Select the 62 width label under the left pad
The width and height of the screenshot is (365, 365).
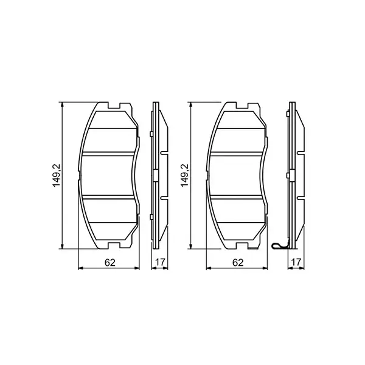click(109, 263)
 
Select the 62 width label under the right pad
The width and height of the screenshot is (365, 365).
click(238, 263)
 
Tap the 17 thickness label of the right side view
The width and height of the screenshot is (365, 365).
click(295, 263)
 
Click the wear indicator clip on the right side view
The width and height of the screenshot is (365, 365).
click(279, 246)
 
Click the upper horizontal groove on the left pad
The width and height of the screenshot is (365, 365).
click(109, 153)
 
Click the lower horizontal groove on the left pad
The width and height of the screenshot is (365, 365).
click(109, 197)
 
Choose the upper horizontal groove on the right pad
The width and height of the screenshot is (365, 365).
click(238, 153)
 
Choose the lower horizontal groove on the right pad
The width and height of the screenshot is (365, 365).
click(238, 197)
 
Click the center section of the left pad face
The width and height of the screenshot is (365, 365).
click(109, 175)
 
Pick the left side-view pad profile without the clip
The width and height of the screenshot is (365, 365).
click(157, 175)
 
